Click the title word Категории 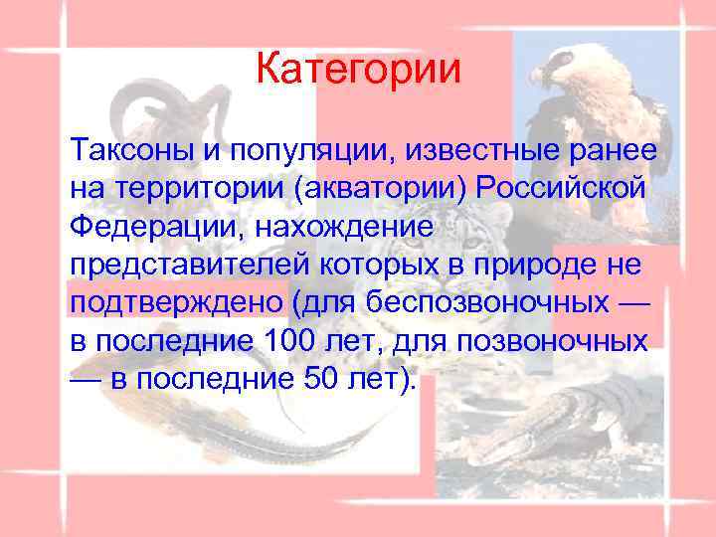point(358,70)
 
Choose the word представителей point(173,264)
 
